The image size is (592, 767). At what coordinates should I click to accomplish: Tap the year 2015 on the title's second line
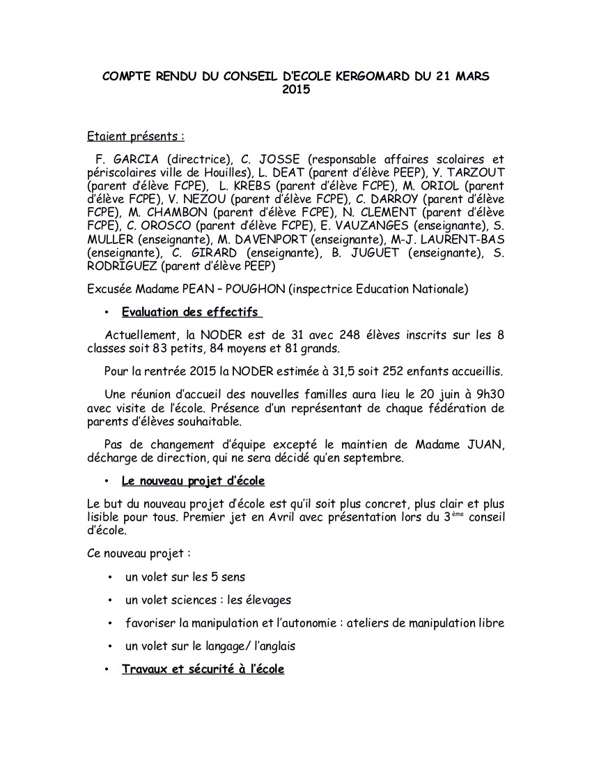point(296,89)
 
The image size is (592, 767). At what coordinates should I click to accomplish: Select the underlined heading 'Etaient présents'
point(136,135)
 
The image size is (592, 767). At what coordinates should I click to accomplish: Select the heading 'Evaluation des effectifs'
point(192,311)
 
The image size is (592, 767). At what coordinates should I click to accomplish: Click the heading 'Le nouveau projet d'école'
point(193,481)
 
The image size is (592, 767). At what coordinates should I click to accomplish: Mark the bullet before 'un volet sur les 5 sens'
point(111,577)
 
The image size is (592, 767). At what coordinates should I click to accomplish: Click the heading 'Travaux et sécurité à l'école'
point(203,669)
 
